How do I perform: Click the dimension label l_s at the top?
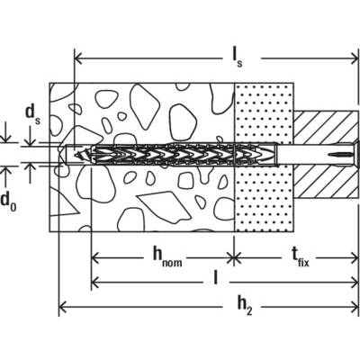coord(237,58)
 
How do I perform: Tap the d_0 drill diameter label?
coord(9,202)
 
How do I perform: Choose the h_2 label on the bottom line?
coord(245,306)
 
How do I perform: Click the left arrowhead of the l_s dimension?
coord(78,58)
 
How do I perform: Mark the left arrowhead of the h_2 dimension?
coord(62,307)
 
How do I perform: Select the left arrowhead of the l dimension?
coord(94,282)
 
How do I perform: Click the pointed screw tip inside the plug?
coord(76,155)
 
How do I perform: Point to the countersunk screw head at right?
coord(355,155)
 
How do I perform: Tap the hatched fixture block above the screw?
coord(325,127)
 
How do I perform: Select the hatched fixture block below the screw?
coord(326,183)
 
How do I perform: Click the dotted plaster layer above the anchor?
coord(264,112)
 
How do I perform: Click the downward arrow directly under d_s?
coord(30,137)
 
